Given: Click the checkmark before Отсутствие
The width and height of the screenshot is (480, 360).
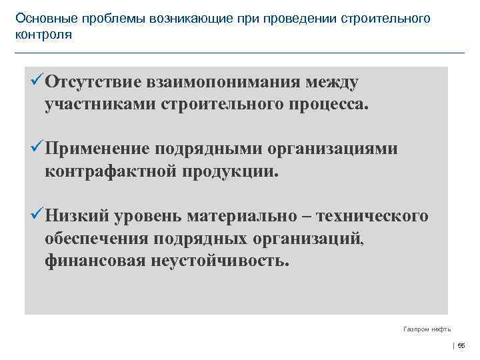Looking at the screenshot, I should click(36, 82).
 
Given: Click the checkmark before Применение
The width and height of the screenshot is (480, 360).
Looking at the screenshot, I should click(36, 148).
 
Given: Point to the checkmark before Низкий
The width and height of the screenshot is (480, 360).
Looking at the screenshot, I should click(36, 216).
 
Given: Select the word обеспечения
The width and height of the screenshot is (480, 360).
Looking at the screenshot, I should click(97, 238).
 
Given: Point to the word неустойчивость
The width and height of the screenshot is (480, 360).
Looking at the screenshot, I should click(218, 260).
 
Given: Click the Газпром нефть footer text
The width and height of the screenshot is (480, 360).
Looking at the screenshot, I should click(427, 329).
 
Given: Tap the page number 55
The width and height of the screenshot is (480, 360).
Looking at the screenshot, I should click(461, 345).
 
